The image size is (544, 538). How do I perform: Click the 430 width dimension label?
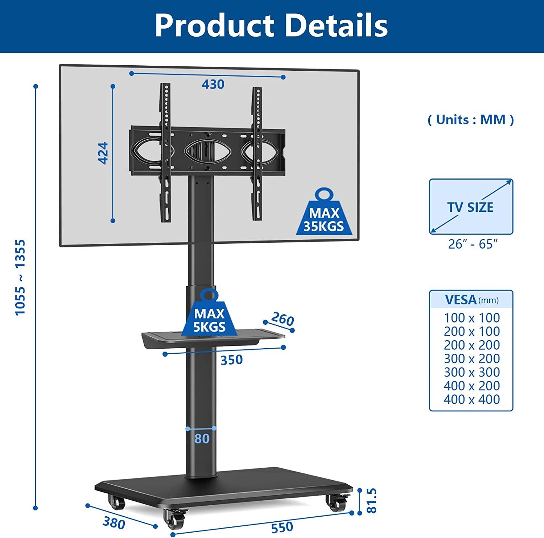213,84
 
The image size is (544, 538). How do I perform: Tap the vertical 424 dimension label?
103,153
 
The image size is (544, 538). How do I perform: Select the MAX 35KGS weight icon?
324,211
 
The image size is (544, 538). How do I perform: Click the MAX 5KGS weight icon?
209,312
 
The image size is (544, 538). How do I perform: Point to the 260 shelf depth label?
282,319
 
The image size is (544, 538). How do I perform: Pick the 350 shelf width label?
231,360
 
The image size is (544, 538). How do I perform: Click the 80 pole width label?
202,439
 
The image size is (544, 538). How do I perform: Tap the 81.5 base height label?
372,501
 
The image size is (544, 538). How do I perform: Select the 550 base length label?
282,527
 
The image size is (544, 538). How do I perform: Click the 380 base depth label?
114,523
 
